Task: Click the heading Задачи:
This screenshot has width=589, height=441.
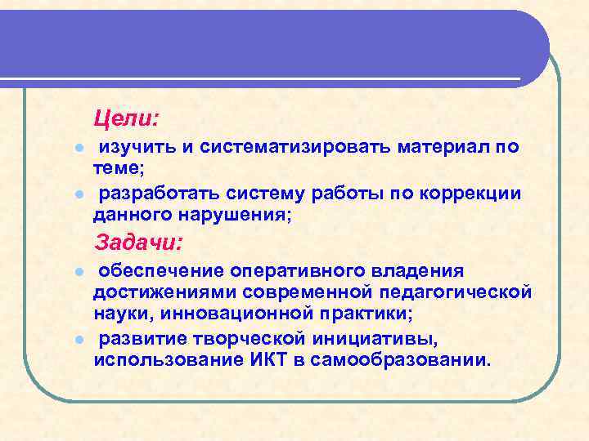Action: pos(139,243)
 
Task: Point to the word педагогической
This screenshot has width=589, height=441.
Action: pos(464,292)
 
